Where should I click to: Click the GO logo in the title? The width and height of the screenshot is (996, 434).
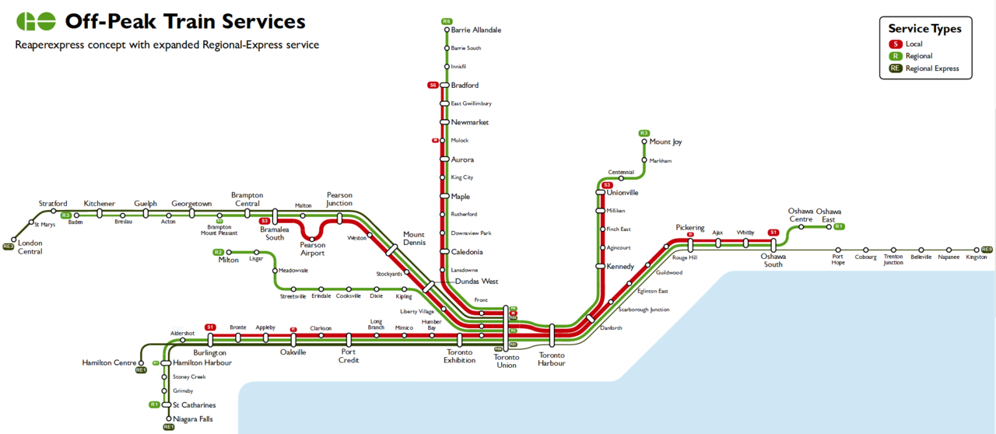coord(36,21)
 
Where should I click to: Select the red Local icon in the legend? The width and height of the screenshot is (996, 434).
coord(896,44)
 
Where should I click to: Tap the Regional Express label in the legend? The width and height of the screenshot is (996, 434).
coord(932,68)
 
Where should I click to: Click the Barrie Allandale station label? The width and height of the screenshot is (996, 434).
coord(475,30)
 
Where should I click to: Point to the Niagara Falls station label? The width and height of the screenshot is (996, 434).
coord(192,419)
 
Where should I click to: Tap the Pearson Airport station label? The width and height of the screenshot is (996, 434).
coord(313,249)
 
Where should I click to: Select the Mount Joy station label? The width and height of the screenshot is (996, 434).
coord(665,142)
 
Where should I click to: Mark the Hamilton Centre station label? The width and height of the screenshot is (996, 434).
coord(108,362)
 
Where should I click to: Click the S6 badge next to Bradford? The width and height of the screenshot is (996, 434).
coord(433,85)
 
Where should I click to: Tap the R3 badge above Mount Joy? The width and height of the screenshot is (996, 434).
coord(644,133)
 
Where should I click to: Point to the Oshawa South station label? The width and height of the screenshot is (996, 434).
coord(773,261)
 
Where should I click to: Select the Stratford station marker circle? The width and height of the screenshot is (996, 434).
coord(53,212)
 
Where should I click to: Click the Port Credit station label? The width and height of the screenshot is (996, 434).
coord(349,356)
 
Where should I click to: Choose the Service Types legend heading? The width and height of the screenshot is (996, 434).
coord(924,29)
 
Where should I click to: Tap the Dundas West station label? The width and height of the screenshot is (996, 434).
coord(476,282)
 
